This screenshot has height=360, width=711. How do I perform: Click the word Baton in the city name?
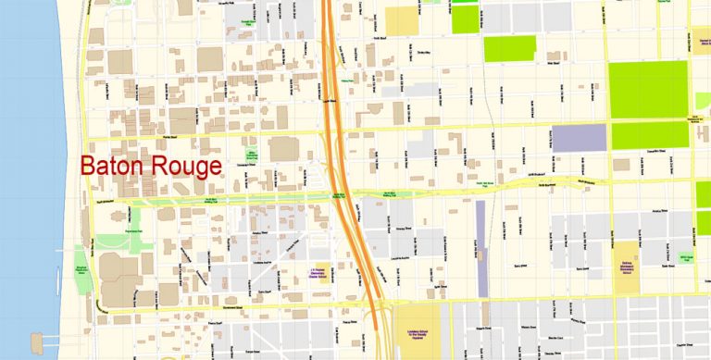pyautogui.click(x=109, y=168)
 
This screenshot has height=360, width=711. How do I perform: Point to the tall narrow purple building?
pyautogui.click(x=480, y=249)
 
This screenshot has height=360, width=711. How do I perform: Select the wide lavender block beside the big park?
pyautogui.click(x=579, y=138)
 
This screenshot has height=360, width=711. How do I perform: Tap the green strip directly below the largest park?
pyautogui.click(x=648, y=136)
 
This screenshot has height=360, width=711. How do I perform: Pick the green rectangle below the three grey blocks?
pyautogui.click(x=509, y=49)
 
